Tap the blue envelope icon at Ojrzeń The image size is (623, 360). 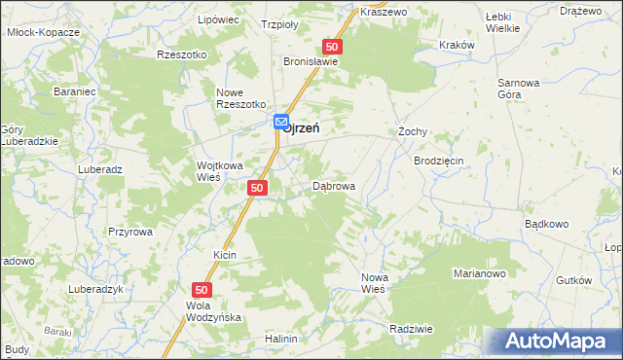[x=281, y=123]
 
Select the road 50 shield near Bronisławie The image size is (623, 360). [x=333, y=47]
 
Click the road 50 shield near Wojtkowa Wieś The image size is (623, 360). [x=257, y=188]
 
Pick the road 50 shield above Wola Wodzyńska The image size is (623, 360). [x=202, y=290]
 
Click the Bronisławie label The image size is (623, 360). [x=311, y=60]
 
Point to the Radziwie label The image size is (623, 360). [x=410, y=329]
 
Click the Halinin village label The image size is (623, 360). [x=280, y=339]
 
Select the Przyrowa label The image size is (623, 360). [x=130, y=232]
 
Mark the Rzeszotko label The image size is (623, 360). [x=182, y=55]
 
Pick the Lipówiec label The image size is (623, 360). [x=218, y=19]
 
